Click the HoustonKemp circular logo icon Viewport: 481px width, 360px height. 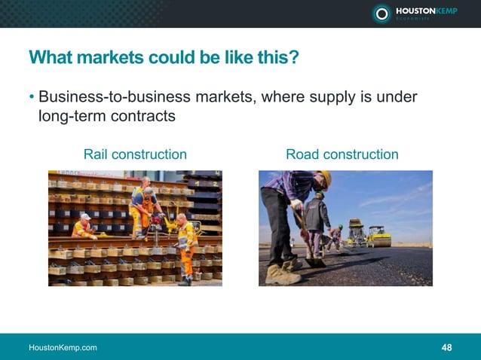(x=382, y=13)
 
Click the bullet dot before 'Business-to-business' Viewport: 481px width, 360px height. (x=32, y=99)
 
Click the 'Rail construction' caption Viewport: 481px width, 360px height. (x=135, y=154)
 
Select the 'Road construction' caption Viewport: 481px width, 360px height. (x=342, y=154)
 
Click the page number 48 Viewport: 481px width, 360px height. (x=447, y=347)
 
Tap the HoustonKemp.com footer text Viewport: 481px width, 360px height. (x=63, y=347)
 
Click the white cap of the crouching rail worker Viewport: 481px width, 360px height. (x=85, y=217)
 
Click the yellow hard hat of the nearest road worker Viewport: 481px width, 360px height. (x=326, y=178)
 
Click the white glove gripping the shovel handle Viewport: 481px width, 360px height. (x=297, y=204)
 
